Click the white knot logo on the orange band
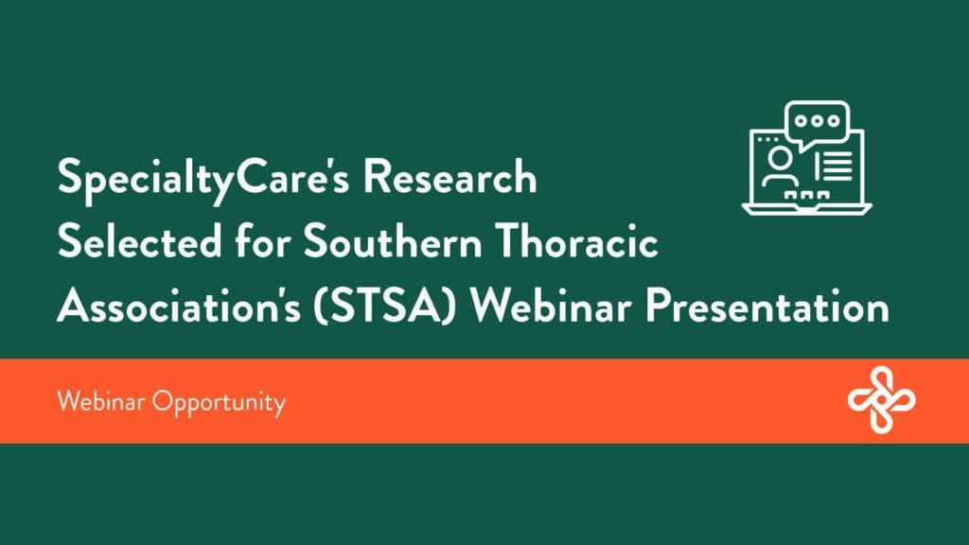click(881, 400)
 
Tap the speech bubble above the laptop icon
click(818, 123)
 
